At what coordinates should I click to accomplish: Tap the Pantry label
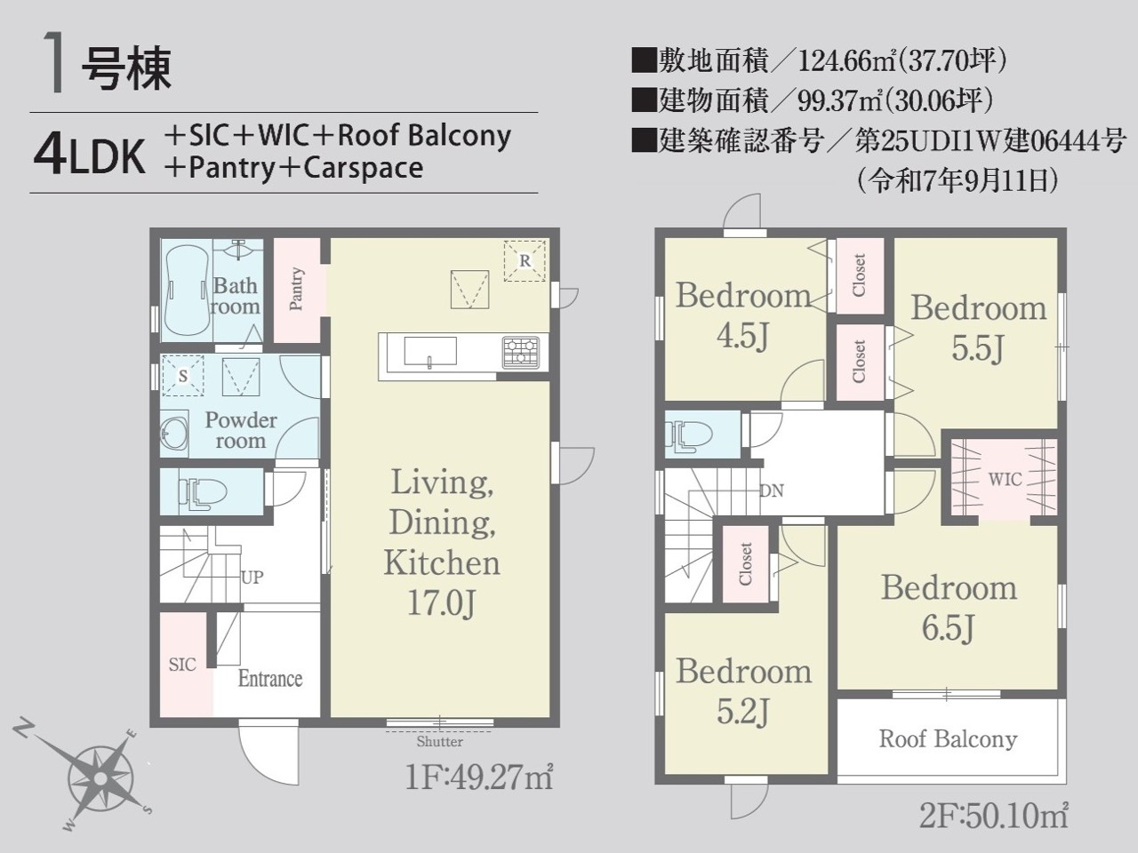tap(296, 289)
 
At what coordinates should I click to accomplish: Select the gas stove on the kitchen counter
tap(520, 353)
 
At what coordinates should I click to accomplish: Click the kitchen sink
tap(430, 351)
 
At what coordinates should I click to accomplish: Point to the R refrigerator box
tap(525, 261)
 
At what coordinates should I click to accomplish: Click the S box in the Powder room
tap(182, 376)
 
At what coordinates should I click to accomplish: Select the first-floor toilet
tap(202, 492)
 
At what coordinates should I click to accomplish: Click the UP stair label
tap(252, 577)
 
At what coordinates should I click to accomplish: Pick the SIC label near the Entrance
tap(182, 665)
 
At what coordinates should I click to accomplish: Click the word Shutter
tap(440, 742)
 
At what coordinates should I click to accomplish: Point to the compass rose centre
tap(101, 777)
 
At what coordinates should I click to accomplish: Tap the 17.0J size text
tap(441, 602)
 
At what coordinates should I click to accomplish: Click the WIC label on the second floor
tap(1005, 480)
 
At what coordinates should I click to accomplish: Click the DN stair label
tap(772, 490)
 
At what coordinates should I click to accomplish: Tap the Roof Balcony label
tap(948, 739)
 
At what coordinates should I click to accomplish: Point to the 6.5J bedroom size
tap(949, 627)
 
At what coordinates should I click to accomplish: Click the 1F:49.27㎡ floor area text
tap(478, 777)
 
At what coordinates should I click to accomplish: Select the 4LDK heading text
tap(89, 155)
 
